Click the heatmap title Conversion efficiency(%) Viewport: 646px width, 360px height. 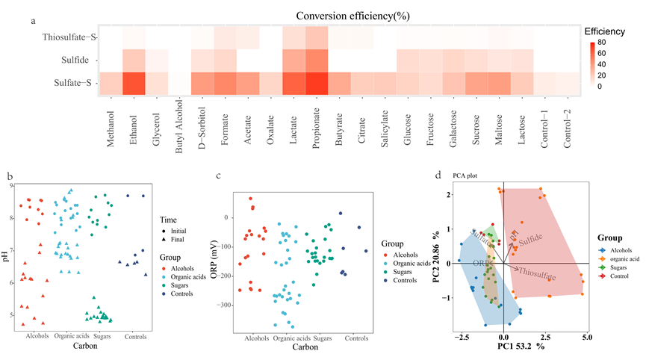[341, 15]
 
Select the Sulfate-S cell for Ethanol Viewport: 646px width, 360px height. [134, 84]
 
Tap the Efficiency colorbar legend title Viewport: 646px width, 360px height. [608, 32]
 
